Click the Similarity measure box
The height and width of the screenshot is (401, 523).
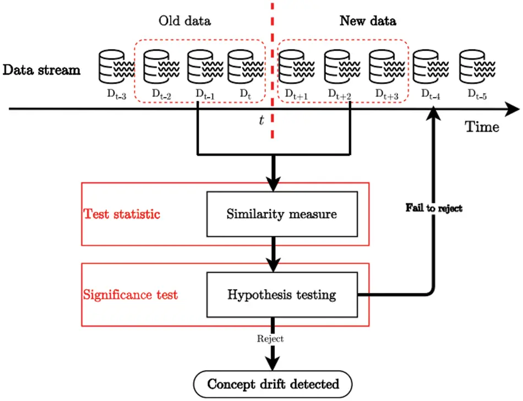pos(281,214)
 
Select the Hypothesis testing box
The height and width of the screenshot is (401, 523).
pos(281,295)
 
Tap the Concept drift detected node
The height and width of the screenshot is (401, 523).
pos(273,383)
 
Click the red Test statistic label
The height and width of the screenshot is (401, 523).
pos(122,214)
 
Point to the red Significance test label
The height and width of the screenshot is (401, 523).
pos(130,295)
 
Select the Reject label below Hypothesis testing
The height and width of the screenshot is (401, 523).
pos(270,339)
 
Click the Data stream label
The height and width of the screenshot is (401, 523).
pos(41,70)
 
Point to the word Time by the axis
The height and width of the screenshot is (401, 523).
pos(483,127)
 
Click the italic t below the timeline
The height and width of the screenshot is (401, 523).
pos(261,120)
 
